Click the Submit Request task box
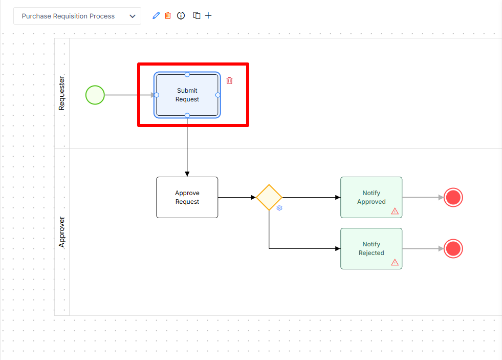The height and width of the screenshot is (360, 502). (187, 95)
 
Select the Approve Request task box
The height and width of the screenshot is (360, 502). (187, 197)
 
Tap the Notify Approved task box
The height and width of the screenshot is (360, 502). (371, 197)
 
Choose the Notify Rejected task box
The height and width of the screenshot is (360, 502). (371, 248)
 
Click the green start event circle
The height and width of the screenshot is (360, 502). (95, 95)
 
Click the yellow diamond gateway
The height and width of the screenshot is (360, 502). (269, 197)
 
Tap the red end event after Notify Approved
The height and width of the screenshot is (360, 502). (453, 197)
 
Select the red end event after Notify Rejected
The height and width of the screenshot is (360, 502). (453, 248)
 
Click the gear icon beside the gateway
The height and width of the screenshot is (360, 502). (279, 208)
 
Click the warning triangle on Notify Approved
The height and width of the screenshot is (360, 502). (395, 211)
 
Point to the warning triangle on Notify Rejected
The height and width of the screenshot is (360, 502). (395, 262)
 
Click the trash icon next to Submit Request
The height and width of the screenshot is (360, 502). (229, 81)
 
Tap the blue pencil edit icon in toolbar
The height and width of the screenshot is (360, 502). (156, 16)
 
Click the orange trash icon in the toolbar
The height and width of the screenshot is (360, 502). (168, 16)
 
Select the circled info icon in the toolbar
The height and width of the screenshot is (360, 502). (181, 16)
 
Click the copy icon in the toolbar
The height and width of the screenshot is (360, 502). (197, 16)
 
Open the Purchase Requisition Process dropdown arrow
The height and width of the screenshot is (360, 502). (133, 16)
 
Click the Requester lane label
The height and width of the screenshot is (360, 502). (61, 93)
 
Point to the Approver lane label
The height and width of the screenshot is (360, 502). (61, 232)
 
